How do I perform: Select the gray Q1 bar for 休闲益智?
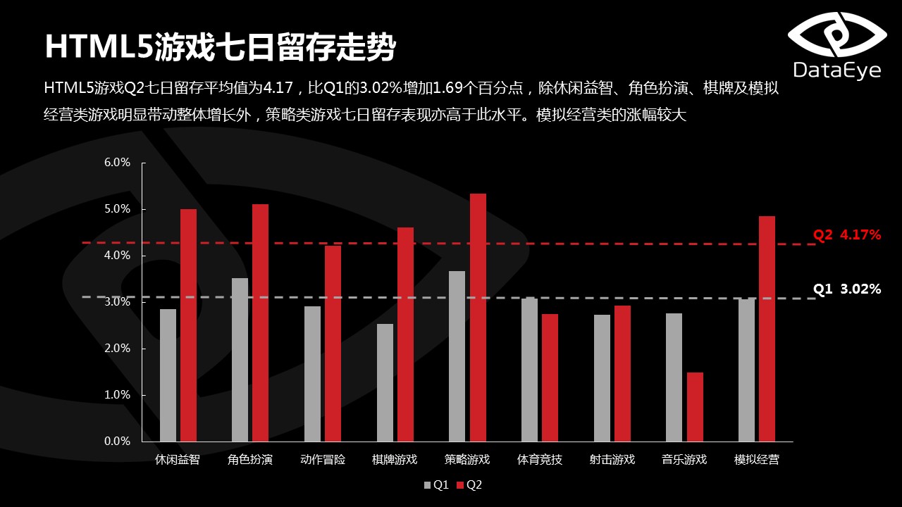click(168, 375)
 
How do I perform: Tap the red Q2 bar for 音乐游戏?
click(695, 406)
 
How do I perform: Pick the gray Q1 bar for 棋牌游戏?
click(385, 382)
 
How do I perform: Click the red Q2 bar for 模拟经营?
click(767, 328)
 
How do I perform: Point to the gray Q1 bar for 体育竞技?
click(529, 370)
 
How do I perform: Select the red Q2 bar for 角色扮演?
click(260, 323)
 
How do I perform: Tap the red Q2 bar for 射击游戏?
click(622, 373)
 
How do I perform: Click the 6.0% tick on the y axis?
click(118, 163)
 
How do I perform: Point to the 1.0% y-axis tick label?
click(118, 395)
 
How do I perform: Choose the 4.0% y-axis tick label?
click(118, 256)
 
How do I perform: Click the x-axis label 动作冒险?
click(323, 460)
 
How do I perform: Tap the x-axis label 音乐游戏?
click(684, 460)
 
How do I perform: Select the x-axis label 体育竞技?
click(540, 460)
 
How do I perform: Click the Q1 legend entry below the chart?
click(436, 484)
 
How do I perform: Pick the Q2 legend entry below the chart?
click(469, 484)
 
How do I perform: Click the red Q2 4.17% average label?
click(847, 235)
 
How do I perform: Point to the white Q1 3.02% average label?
click(847, 289)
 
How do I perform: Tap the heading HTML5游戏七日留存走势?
click(220, 48)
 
